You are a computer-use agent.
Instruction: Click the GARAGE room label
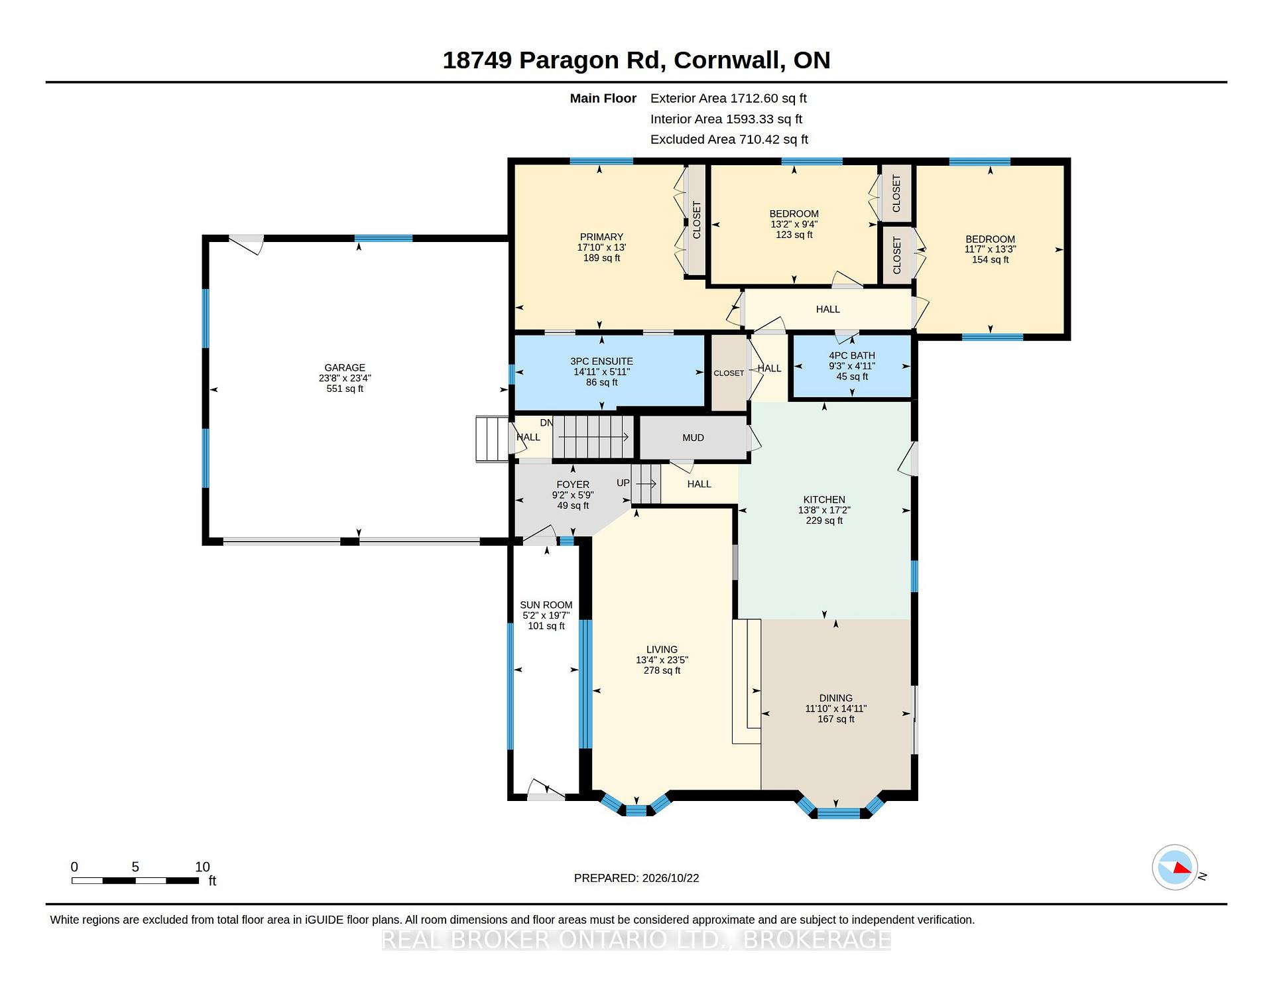pos(345,367)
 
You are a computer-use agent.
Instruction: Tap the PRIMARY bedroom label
pos(601,237)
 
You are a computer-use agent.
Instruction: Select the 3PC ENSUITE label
pos(601,361)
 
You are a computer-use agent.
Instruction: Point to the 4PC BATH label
pos(852,355)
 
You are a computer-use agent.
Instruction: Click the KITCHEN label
pos(824,499)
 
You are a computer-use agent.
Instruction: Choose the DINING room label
pos(835,698)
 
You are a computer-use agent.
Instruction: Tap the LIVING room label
pos(662,649)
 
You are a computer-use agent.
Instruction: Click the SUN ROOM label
pos(546,605)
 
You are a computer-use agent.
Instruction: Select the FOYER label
pos(573,485)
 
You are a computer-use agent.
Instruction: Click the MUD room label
pos(693,438)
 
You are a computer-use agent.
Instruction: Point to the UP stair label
pos(623,483)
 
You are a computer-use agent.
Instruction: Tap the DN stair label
pos(546,423)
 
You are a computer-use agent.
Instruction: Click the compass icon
pos(1175,867)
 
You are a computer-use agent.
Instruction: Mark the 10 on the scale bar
pos(202,867)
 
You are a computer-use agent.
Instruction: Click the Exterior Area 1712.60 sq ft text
pos(728,98)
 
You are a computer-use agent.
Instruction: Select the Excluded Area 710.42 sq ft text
pos(729,139)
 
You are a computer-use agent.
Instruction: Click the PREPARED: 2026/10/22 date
pos(636,878)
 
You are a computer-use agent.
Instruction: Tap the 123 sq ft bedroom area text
pos(794,235)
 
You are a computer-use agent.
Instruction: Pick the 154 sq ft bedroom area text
pos(990,260)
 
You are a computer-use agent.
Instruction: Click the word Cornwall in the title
pos(727,60)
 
